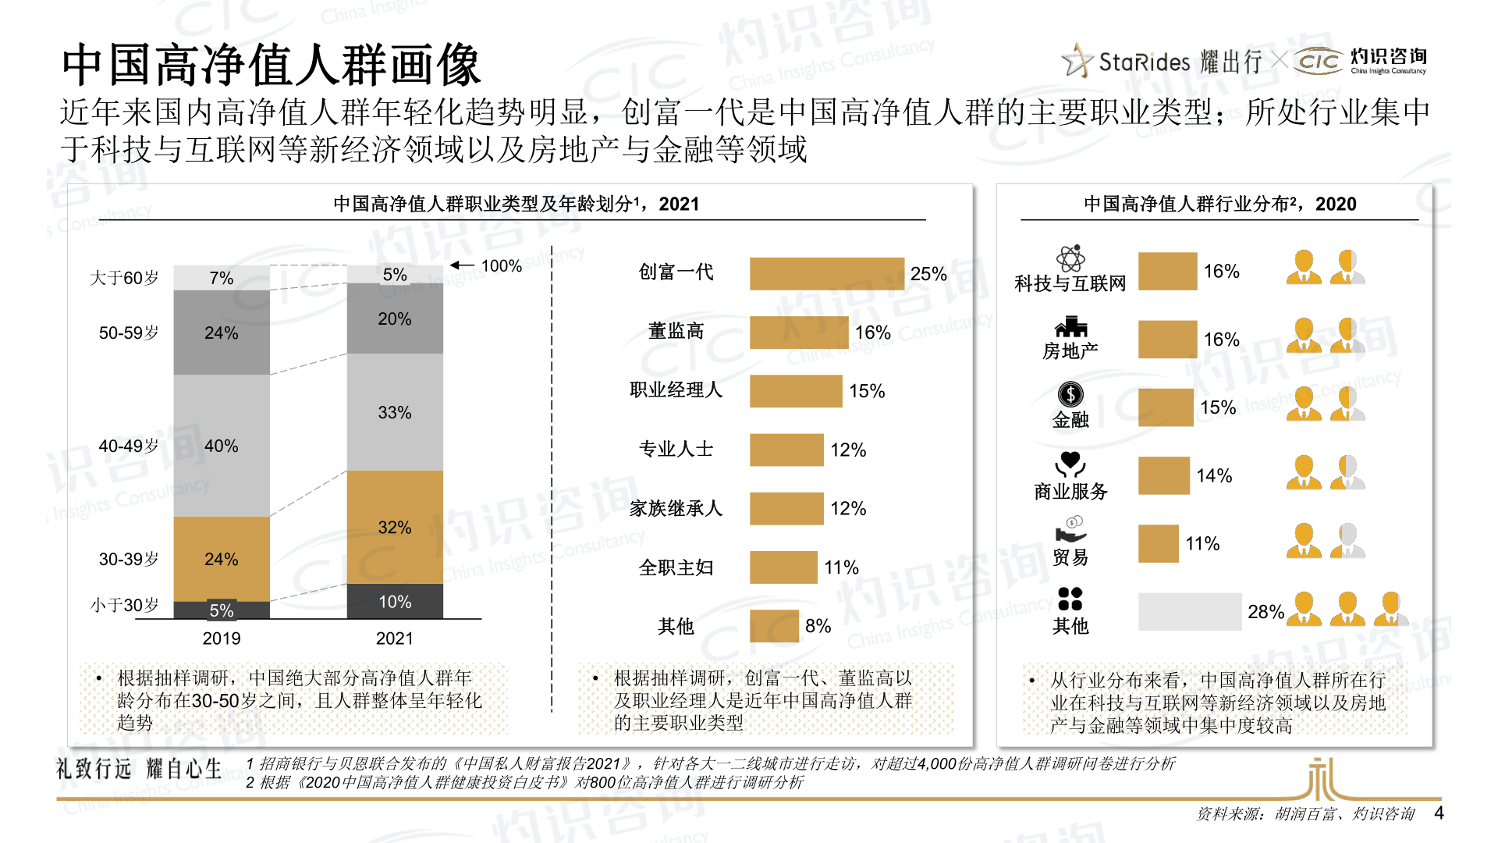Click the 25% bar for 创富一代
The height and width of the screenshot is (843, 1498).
coord(826,274)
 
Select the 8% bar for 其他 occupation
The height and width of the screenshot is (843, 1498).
coord(774,626)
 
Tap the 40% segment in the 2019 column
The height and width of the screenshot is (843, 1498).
coord(222,446)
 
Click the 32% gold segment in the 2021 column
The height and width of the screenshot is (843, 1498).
coord(395,527)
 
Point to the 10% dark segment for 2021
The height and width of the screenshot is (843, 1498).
coord(395,602)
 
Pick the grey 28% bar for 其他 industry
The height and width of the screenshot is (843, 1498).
coord(1189,612)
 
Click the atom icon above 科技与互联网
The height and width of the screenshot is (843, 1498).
coord(1070,258)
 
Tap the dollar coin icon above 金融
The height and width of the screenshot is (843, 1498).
coord(1070,394)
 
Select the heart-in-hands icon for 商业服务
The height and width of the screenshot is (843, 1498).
coord(1070,464)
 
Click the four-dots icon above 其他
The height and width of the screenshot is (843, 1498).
coord(1070,599)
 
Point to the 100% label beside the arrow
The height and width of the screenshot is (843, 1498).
coord(501,266)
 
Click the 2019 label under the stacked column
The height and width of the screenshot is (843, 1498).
coord(222,638)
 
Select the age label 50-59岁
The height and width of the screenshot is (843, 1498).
coord(128,333)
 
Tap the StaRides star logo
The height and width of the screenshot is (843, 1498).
coord(1078,61)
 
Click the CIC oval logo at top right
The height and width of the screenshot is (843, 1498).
coord(1318,61)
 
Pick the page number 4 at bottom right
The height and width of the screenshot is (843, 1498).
coord(1439,813)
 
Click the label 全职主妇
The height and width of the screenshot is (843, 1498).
coord(676,567)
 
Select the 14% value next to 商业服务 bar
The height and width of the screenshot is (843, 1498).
coord(1214,476)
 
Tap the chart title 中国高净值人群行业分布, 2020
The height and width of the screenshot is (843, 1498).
coord(1219,205)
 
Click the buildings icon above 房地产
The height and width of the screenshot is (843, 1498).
coord(1070,327)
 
